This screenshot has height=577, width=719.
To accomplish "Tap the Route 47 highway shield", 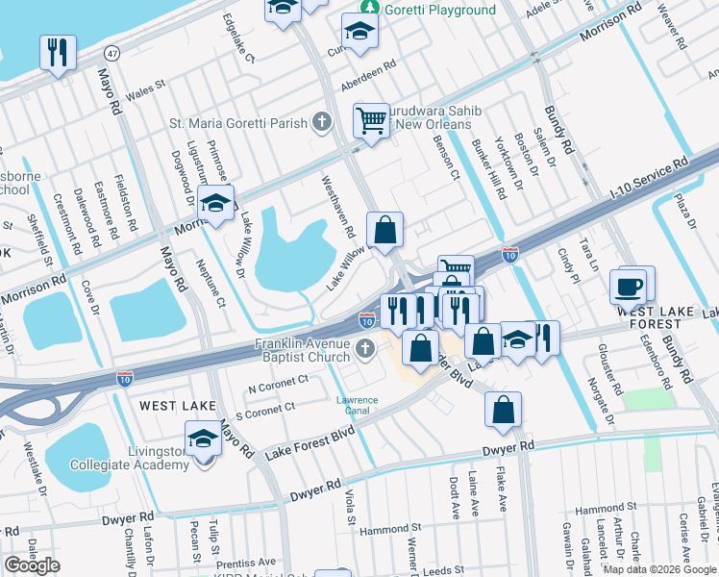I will click(112, 51).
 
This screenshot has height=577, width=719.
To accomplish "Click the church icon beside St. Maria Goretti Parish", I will click(321, 122).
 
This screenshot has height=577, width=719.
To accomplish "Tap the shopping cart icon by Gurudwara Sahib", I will click(370, 120).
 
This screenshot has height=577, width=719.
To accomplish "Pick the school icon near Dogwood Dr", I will click(217, 203).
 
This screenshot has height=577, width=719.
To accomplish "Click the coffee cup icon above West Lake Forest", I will click(629, 286).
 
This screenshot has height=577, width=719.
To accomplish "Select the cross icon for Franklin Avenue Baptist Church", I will click(363, 347).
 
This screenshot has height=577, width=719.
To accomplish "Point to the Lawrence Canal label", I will click(356, 405).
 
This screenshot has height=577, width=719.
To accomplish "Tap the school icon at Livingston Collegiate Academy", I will click(203, 440).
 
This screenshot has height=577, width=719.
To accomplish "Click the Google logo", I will click(32, 565).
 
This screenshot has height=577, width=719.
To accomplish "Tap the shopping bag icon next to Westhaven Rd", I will click(384, 230).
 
